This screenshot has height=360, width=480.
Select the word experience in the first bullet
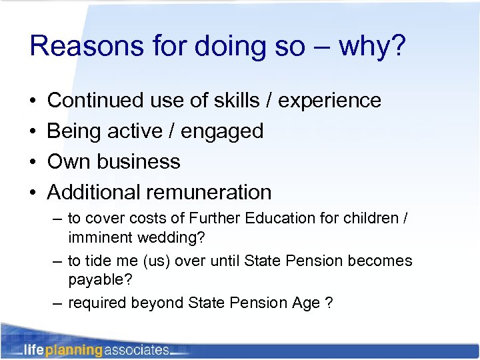tap(329, 101)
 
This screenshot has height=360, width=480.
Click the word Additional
tap(93, 193)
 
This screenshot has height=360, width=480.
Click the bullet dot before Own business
tap(33, 162)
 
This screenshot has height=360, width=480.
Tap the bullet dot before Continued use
tap(33, 101)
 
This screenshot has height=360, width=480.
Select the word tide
tap(97, 261)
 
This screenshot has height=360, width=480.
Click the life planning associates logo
tap(97, 349)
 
